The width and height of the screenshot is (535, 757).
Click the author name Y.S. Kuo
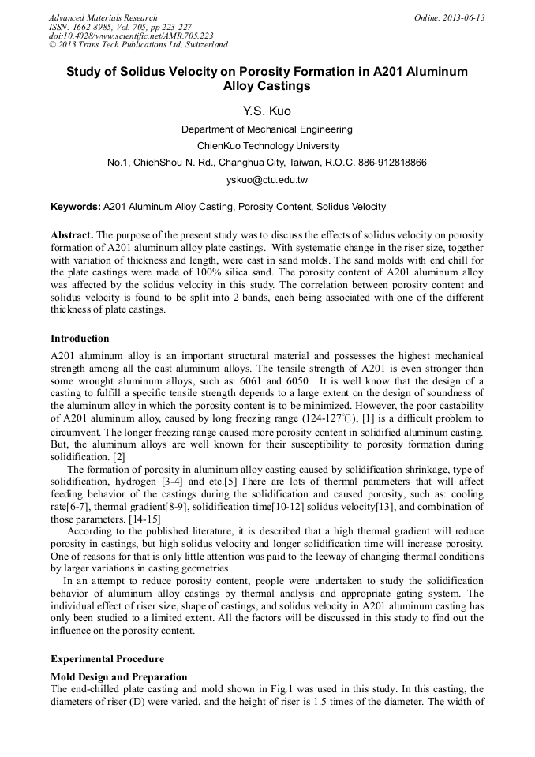(267, 111)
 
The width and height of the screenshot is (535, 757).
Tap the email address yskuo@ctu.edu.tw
(267, 180)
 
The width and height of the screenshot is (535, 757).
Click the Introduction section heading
(80, 339)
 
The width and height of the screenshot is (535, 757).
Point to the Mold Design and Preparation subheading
(119, 677)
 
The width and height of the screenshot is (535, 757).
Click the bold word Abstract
(72, 235)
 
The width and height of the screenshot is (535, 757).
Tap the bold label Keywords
(76, 208)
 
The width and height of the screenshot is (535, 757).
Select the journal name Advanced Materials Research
(103, 17)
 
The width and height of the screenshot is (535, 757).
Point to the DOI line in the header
(131, 36)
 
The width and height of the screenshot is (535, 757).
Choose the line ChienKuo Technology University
(267, 146)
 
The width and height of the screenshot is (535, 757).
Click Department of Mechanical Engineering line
(267, 129)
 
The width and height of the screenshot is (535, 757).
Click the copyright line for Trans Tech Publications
(139, 45)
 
